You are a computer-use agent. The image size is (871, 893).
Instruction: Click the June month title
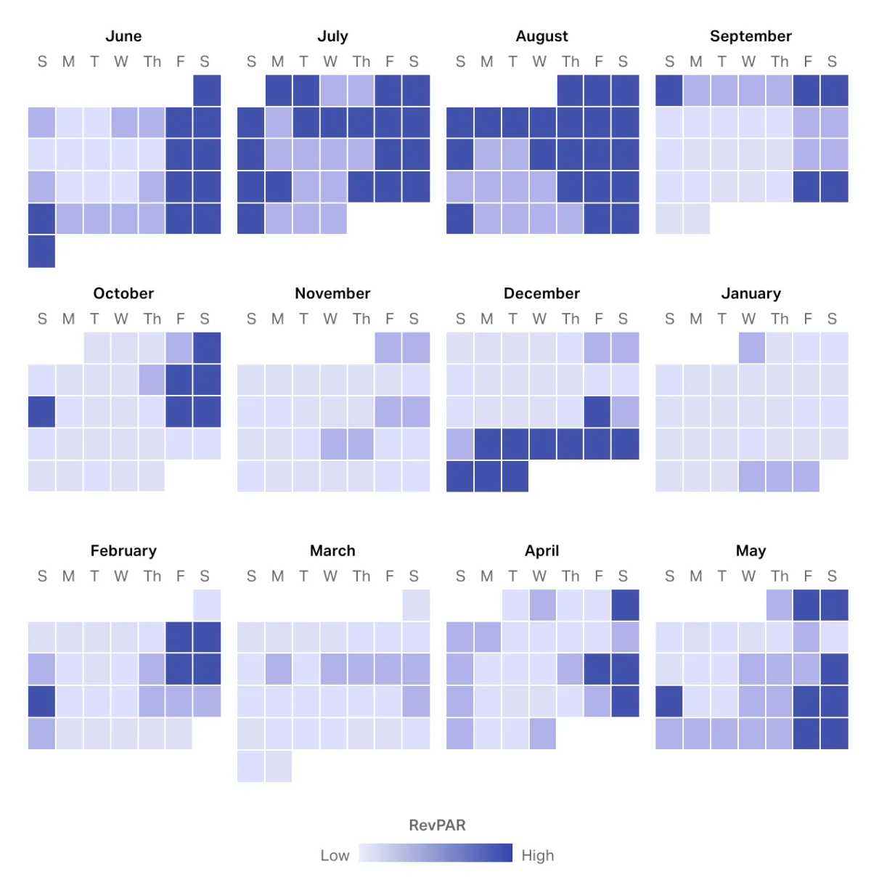[x=123, y=36]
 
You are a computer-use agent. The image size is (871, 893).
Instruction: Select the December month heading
[x=541, y=293]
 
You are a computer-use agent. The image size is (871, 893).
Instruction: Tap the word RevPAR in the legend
[x=437, y=825]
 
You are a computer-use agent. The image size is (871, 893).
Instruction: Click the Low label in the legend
[x=335, y=856]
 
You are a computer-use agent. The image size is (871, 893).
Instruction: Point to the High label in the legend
[x=538, y=856]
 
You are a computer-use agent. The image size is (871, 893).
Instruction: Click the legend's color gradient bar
[x=435, y=853]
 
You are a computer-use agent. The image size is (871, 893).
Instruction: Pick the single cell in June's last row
[x=42, y=251]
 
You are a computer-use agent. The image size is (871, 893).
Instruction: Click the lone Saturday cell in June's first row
[x=207, y=91]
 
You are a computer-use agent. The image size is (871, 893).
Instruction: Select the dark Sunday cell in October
[x=42, y=412]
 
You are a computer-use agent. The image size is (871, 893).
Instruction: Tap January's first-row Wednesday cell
[x=752, y=348]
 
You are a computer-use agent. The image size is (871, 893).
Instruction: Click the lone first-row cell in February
[x=207, y=605]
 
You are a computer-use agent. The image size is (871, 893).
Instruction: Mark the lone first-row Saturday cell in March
[x=416, y=605]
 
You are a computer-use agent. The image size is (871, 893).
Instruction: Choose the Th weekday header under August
[x=571, y=62]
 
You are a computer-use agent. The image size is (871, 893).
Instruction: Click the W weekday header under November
[x=330, y=319]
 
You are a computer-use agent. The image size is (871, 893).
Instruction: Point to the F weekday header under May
[x=807, y=576]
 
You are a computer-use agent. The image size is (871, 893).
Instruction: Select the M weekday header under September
[x=696, y=62]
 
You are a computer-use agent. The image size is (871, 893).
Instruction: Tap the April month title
[x=541, y=551]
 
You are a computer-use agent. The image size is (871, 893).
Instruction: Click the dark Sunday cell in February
[x=42, y=701]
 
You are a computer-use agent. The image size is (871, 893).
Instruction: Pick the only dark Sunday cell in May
[x=669, y=701]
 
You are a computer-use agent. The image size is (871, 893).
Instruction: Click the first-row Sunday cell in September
[x=669, y=91]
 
